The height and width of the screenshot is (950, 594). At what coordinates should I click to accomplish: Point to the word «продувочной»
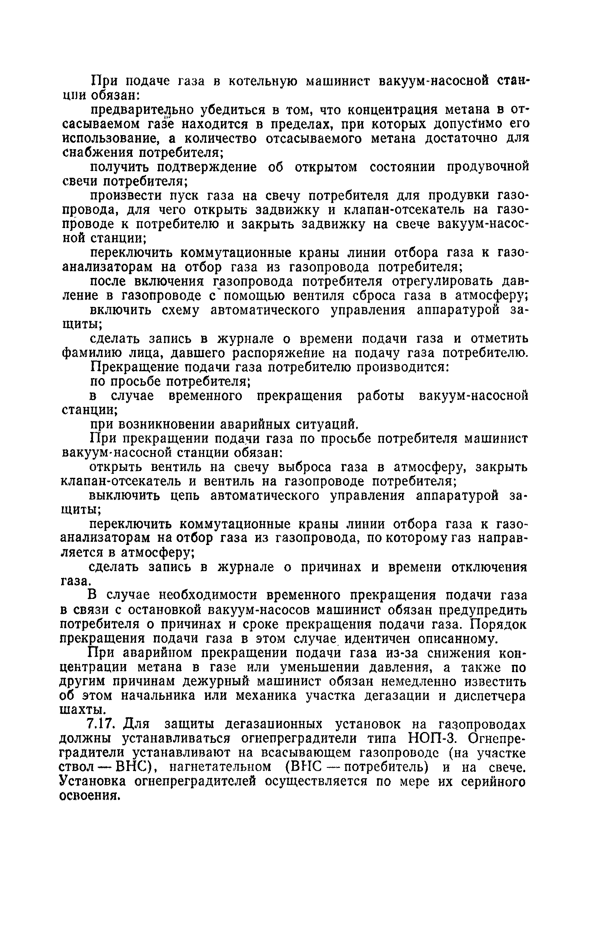[488, 167]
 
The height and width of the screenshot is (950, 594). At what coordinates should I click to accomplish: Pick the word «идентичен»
[381, 639]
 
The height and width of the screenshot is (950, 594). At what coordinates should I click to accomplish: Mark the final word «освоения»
[89, 796]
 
